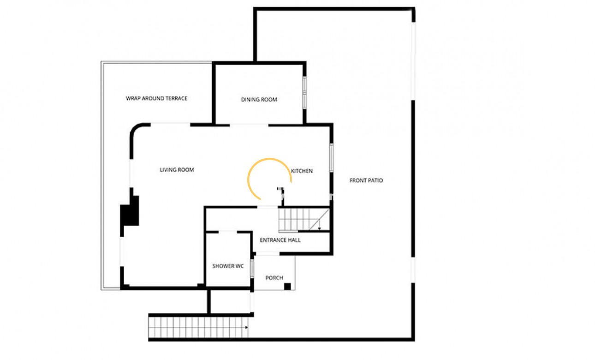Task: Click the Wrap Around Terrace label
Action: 156,98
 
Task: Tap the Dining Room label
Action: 259,99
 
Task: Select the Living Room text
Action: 177,170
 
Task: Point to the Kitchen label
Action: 302,171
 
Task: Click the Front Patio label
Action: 366,180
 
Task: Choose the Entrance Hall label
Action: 280,240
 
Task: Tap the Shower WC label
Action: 228,266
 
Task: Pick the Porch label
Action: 274,278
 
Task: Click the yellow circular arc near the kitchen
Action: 270,159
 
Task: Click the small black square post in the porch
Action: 287,286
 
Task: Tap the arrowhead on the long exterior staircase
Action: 246,327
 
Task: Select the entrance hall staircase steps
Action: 304,220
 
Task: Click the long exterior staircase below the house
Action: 198,327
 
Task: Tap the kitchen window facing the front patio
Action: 332,158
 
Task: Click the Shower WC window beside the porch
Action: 252,269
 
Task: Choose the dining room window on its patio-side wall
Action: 305,93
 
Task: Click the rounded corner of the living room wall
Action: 136,130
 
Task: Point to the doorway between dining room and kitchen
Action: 249,125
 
